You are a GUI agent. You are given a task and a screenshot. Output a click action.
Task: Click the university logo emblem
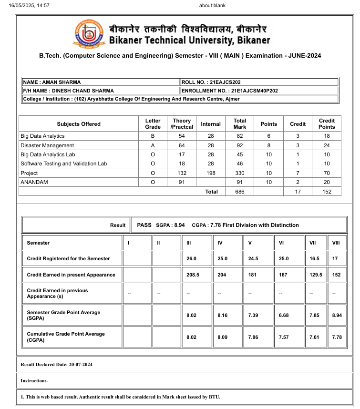coord(89,34)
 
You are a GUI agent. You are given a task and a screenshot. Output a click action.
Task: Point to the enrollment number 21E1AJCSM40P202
coord(254,91)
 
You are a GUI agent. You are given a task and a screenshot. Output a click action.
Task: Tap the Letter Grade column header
coord(153,124)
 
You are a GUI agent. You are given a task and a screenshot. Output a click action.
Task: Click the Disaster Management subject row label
coord(47,145)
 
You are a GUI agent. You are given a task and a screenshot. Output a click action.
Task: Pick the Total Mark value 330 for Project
coord(240,173)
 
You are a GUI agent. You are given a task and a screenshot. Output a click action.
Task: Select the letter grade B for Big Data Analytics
coord(153,136)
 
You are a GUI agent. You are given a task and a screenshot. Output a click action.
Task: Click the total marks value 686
coord(240,192)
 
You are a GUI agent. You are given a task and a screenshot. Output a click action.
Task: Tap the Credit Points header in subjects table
coord(327,124)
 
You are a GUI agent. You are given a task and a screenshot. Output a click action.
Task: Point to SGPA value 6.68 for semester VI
coord(285,316)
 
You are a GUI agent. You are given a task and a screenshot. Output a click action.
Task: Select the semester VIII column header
coord(336,243)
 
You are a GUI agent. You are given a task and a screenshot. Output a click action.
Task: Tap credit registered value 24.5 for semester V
coord(254,258)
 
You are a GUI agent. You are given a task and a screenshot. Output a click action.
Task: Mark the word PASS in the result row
coord(144,225)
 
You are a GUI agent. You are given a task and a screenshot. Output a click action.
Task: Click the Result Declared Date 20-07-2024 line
coord(57,365)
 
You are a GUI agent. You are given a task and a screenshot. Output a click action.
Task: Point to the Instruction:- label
coord(34,381)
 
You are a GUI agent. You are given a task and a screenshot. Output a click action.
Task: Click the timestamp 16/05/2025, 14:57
coord(29,6)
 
